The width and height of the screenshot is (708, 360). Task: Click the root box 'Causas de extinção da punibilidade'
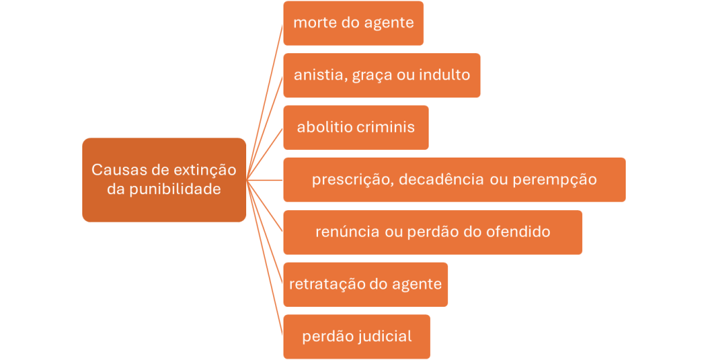click(164, 180)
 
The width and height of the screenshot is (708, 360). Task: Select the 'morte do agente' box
click(353, 23)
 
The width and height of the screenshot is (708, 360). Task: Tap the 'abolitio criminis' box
click(356, 128)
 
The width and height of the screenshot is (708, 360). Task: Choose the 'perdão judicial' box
click(357, 337)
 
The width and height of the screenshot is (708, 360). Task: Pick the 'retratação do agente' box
click(366, 285)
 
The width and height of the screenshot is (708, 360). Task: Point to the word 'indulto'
click(445, 74)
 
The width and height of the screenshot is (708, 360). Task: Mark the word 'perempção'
click(555, 180)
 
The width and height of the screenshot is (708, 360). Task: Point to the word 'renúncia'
click(348, 231)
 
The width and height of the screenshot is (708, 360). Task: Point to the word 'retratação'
click(327, 284)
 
